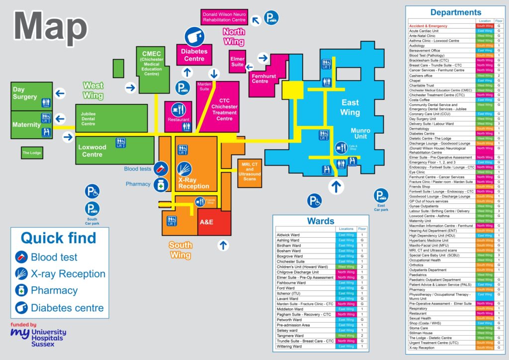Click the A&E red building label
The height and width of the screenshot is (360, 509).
click(x=206, y=223)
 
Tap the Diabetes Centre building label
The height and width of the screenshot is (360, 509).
click(x=193, y=55)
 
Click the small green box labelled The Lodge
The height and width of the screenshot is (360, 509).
click(x=31, y=153)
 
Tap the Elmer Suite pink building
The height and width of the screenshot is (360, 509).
click(x=238, y=62)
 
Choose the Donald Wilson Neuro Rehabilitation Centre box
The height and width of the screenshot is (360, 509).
click(x=224, y=17)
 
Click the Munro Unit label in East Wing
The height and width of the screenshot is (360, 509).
click(x=360, y=134)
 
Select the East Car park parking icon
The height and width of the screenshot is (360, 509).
click(x=381, y=195)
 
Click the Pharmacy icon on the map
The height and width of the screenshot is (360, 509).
click(x=160, y=185)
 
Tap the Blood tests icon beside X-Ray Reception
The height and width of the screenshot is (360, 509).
click(x=160, y=169)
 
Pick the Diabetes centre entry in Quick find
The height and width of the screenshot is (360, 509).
click(x=67, y=307)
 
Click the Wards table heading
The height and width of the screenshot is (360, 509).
click(x=321, y=221)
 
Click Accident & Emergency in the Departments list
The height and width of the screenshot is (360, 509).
click(x=428, y=26)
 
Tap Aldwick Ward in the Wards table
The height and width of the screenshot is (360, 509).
click(x=289, y=235)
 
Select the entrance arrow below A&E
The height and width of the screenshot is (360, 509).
click(x=223, y=245)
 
